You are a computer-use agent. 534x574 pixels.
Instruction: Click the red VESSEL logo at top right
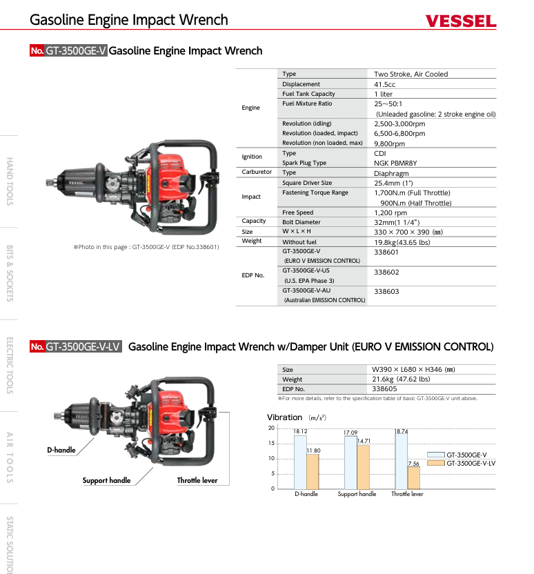point(461,21)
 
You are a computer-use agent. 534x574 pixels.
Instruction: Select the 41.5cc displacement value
point(384,84)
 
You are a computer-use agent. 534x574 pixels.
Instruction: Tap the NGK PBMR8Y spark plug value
point(395,164)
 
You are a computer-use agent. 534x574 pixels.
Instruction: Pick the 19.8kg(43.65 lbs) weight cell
point(402,242)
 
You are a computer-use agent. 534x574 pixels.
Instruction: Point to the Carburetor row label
point(257,172)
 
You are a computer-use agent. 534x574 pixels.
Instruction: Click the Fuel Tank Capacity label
point(308,94)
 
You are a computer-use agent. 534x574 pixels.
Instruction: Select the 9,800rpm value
point(389,143)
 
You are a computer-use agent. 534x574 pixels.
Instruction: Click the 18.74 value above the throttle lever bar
point(400,431)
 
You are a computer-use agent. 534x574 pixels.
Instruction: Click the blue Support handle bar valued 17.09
point(350,462)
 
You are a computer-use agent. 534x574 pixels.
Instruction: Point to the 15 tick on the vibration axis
point(271,444)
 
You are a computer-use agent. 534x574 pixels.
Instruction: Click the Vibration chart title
point(284,417)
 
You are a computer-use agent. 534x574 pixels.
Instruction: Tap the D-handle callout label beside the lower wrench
point(61,451)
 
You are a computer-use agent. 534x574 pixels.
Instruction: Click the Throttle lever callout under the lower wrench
point(197,481)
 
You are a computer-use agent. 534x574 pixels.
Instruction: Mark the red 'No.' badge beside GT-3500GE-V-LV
point(37,347)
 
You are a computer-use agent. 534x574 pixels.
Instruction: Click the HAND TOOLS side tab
point(10,181)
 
